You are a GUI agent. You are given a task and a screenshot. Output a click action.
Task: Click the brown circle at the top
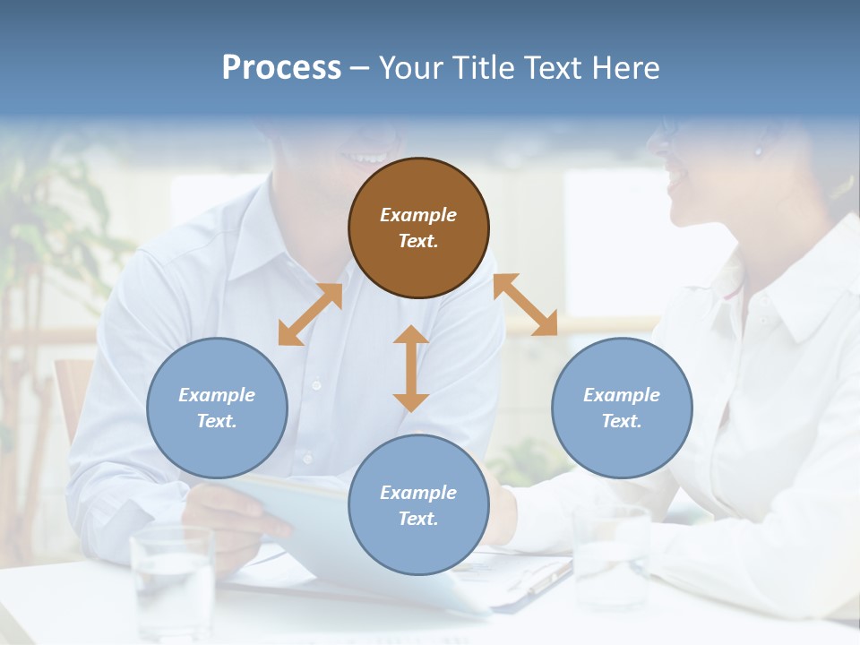(418, 228)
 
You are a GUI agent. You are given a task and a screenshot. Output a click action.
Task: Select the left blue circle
(217, 408)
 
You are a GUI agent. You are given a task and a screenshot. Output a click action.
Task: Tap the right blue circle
(622, 408)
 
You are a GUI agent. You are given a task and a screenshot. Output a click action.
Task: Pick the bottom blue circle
(418, 505)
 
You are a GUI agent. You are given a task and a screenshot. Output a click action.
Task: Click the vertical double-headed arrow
(411, 368)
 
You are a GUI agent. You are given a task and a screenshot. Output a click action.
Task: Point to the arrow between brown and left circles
(310, 314)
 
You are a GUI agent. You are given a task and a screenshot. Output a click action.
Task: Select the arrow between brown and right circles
(525, 305)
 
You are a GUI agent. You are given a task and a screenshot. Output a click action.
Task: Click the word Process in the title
(281, 67)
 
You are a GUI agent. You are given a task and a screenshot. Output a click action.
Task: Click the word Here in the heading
(627, 67)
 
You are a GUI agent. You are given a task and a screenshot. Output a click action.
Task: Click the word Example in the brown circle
(418, 215)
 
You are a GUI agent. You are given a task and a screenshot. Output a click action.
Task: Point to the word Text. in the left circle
(217, 421)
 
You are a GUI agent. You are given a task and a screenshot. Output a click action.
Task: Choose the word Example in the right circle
(622, 395)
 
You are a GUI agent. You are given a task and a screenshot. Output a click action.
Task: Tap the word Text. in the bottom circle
(418, 519)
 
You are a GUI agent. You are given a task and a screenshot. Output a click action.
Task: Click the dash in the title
(359, 68)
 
